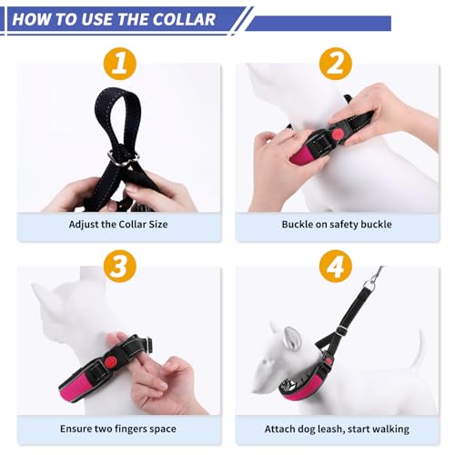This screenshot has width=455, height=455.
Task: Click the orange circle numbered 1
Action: (120, 64)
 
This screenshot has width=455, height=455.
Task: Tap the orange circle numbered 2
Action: (336, 64)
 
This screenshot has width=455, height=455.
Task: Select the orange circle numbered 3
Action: (120, 267)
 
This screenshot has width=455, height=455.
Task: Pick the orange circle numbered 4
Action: (336, 267)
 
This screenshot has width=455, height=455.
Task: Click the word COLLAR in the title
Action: (184, 19)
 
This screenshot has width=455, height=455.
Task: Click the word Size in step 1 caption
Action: (158, 224)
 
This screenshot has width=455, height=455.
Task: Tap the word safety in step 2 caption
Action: (339, 225)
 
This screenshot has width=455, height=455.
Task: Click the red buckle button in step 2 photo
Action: (336, 134)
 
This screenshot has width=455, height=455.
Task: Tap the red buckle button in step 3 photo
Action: (110, 362)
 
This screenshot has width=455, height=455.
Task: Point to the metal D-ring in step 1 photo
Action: (124, 158)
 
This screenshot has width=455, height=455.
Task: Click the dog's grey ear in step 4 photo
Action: (290, 337)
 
